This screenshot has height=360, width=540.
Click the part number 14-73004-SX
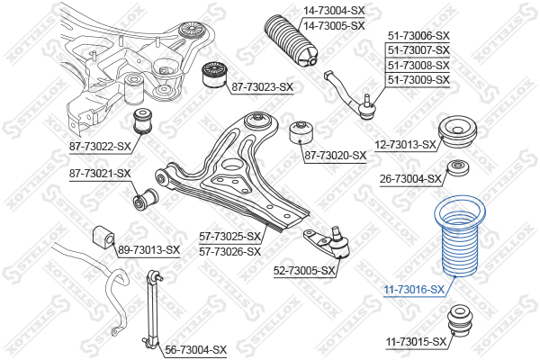333,11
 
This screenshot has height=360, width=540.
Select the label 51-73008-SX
418,65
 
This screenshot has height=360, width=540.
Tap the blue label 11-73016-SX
415,290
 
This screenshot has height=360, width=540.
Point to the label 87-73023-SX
262,87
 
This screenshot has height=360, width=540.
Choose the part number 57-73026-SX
229,252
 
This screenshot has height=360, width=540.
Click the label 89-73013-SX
148,250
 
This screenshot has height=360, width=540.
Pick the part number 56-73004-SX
195,350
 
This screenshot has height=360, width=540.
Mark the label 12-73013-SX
405,145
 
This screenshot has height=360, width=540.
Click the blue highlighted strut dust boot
460,236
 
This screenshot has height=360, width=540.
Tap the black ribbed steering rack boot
291,40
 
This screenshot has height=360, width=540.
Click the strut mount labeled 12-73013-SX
457,133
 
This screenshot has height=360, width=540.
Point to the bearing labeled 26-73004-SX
458,168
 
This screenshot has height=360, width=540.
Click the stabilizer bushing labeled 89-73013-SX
103,235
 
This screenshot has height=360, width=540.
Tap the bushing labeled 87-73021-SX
146,198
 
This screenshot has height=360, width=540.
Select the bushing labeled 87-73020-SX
301,132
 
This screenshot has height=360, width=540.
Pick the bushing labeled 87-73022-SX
144,121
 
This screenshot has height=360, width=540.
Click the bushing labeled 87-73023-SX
212,74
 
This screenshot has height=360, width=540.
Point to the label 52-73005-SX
304,271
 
